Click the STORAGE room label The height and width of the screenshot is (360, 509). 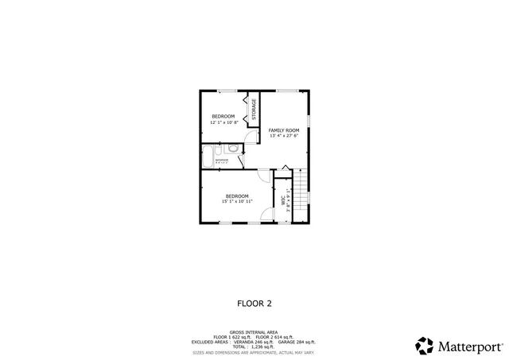tap(254, 110)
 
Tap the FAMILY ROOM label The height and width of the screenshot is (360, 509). tap(284, 130)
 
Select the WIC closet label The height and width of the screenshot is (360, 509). tap(283, 201)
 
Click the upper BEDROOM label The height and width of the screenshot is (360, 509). tap(223, 117)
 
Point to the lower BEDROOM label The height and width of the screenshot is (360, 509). tap(237, 196)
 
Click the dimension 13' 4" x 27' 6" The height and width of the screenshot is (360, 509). tap(284, 136)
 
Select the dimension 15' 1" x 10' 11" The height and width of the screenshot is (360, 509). tap(237, 202)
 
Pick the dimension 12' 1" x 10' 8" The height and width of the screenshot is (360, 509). tap(223, 122)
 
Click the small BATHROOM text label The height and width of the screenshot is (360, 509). tap(222, 160)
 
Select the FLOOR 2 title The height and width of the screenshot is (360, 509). tap(254, 303)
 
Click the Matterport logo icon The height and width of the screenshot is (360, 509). tap(425, 346)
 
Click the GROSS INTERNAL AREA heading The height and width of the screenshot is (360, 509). tap(254, 331)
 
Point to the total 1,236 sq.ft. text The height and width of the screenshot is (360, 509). tap(254, 346)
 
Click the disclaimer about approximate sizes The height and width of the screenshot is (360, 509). tap(254, 352)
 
